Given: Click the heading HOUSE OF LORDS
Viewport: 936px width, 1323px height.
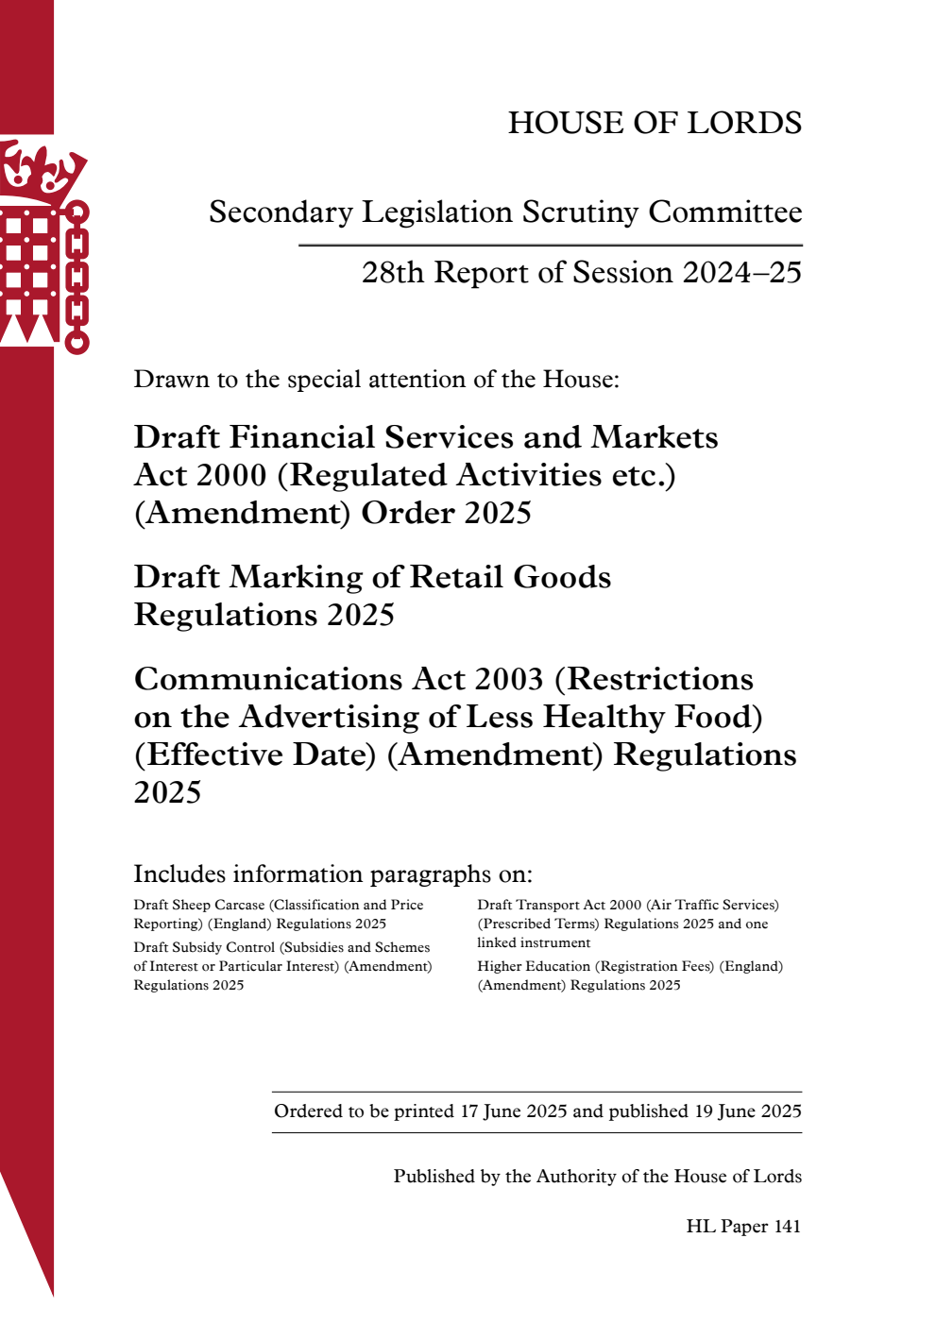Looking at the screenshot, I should (x=655, y=123).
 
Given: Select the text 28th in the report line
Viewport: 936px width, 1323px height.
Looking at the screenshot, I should (x=393, y=273).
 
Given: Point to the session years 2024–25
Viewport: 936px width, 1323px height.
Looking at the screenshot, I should (x=741, y=273).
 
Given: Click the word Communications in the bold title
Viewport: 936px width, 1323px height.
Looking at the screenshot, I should (x=268, y=679).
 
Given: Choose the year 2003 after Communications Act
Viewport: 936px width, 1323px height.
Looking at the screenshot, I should (x=509, y=679).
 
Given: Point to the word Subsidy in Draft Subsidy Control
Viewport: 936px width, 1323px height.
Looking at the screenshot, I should (x=198, y=947).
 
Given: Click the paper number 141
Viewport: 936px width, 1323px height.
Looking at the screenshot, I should (x=787, y=1227).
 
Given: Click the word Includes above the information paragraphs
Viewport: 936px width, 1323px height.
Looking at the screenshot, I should (x=179, y=874).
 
